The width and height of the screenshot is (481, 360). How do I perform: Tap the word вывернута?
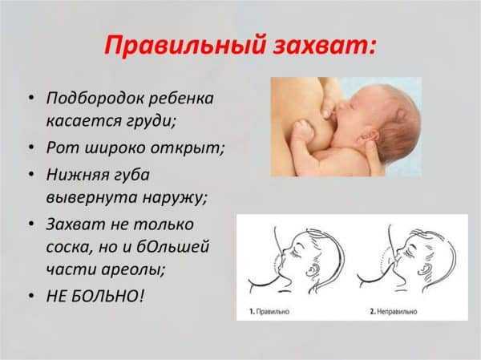87,196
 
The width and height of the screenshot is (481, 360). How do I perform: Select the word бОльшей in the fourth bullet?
177,245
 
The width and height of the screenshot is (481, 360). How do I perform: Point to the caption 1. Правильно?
271,309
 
